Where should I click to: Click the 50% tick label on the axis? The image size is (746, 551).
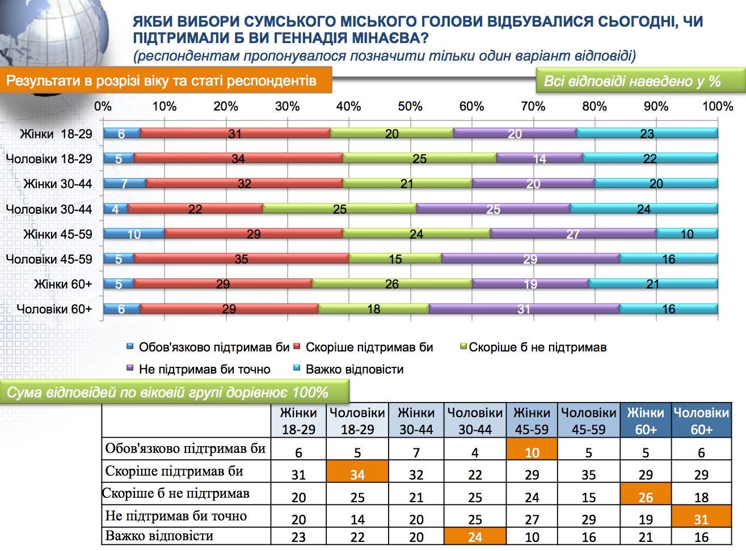410,107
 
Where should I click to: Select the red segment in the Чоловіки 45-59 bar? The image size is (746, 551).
242,258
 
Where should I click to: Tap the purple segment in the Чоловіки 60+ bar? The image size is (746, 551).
524,308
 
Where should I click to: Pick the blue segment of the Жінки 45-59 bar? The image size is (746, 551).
134,234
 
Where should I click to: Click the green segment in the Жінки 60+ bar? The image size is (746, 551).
392,284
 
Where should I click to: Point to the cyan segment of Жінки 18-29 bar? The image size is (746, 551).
647,133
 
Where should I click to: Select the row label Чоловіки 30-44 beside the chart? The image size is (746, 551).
49,209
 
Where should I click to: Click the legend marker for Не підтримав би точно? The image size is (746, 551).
129,368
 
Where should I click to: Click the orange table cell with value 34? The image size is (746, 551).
357,471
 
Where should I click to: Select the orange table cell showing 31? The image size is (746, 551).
701,516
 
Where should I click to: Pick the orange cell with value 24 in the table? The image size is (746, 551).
475,536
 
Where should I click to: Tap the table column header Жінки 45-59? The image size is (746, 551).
532,420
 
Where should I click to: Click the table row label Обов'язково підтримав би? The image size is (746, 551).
186,448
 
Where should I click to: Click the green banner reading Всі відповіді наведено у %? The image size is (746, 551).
640,80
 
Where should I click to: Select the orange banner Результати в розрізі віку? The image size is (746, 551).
166,80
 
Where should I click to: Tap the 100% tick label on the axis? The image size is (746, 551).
718,107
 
